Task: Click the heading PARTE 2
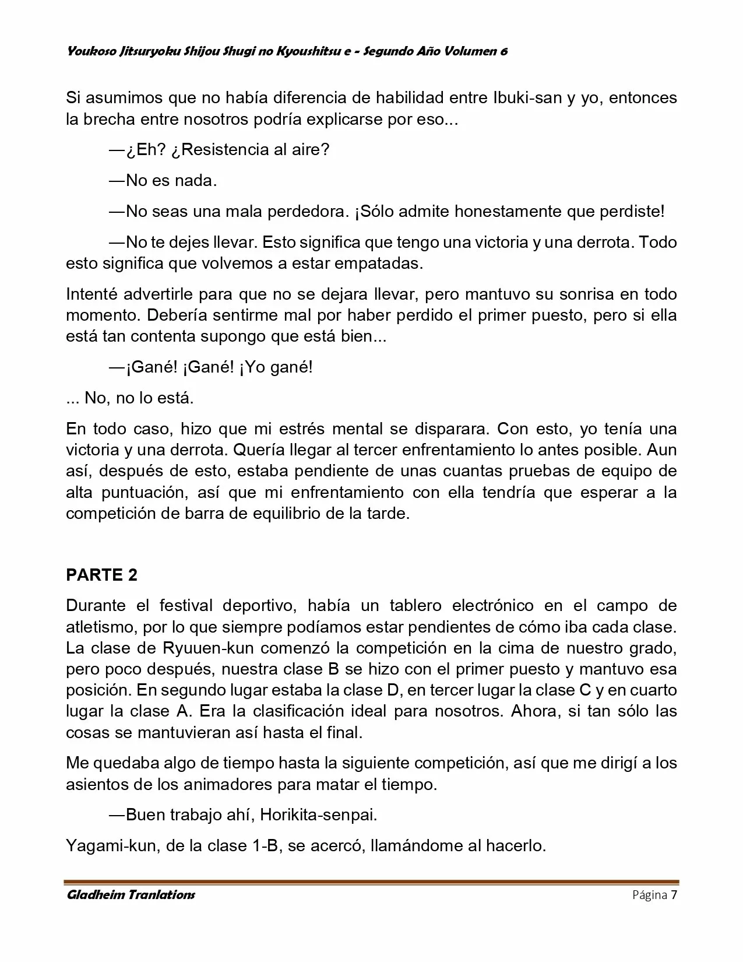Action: click(102, 575)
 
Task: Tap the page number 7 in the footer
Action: click(674, 895)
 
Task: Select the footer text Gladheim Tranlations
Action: click(131, 895)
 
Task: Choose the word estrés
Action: click(296, 429)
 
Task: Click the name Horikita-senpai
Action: click(318, 815)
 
